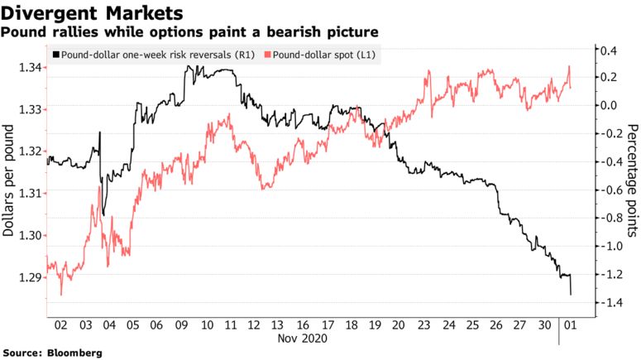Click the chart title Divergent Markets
point(92,13)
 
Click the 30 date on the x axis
point(544,324)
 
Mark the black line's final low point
point(571,294)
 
